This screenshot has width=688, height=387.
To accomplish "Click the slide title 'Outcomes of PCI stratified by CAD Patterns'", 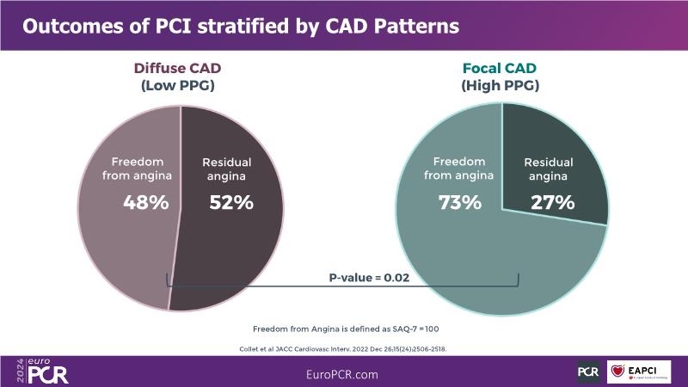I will click(x=240, y=27).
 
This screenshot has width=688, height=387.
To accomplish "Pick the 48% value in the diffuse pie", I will click(x=145, y=203).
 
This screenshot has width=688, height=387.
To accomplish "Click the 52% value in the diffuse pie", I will click(x=230, y=203).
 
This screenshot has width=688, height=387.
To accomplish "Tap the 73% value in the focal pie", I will click(x=459, y=203).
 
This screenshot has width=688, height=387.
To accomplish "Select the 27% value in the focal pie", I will click(x=552, y=203).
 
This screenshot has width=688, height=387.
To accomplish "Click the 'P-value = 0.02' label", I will click(x=368, y=278).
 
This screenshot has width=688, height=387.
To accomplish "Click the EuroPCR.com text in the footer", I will click(x=341, y=375).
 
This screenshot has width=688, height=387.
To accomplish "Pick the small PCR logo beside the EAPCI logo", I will click(x=588, y=372).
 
